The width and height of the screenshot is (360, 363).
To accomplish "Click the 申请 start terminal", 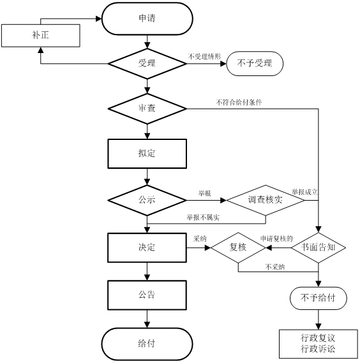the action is pos(147,19).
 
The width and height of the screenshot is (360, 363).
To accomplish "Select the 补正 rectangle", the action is pos(41,36).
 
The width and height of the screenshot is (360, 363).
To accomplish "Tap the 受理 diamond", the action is pos(147,64).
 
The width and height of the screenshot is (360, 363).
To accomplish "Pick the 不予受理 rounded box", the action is pos(255,64).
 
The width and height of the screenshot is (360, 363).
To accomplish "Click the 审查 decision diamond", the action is pos(147,109).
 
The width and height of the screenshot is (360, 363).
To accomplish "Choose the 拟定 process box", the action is pos(147,154).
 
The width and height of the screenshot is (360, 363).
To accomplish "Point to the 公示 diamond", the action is pos(147,200).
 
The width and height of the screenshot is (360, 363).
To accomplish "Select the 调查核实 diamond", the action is pos(266,200).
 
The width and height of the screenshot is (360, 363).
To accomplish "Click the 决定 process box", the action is pos(147,248).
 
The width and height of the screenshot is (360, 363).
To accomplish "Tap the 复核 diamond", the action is pos(238,248).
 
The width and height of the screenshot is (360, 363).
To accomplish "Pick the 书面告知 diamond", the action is pos(319,248).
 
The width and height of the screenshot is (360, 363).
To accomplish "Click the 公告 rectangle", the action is pos(147,295).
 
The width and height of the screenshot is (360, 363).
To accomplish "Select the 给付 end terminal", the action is pos(147,344).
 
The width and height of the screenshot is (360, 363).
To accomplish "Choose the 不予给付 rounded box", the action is pos(319,298).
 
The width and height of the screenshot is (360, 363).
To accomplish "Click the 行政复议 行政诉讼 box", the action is pos(319,344).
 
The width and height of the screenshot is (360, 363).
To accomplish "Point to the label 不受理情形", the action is pos(205,56).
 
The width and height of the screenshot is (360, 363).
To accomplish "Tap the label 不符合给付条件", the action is pos(239,102).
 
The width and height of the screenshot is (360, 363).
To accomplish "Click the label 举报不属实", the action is pos(203,218).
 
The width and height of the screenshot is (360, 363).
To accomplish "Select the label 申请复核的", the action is pos(276,238).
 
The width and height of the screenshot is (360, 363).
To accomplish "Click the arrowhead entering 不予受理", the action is pos(223,64).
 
